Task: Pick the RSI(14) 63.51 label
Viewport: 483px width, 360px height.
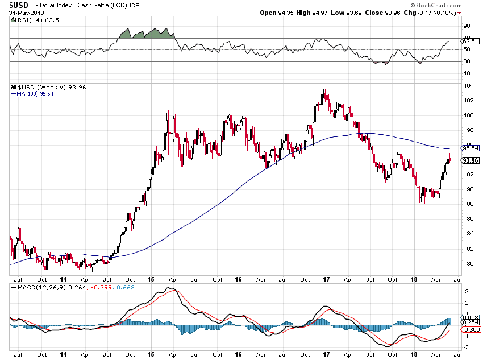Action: [x=34, y=20]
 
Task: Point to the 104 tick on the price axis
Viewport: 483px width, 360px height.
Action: [x=468, y=85]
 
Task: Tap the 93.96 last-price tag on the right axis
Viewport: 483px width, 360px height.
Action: [x=469, y=160]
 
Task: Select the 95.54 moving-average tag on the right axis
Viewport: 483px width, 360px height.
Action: [x=469, y=148]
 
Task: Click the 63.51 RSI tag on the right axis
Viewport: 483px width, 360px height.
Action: [x=469, y=42]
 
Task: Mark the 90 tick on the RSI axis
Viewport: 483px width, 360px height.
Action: [x=467, y=26]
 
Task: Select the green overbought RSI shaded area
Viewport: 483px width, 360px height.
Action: [x=147, y=34]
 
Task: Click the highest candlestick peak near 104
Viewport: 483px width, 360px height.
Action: [x=324, y=90]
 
